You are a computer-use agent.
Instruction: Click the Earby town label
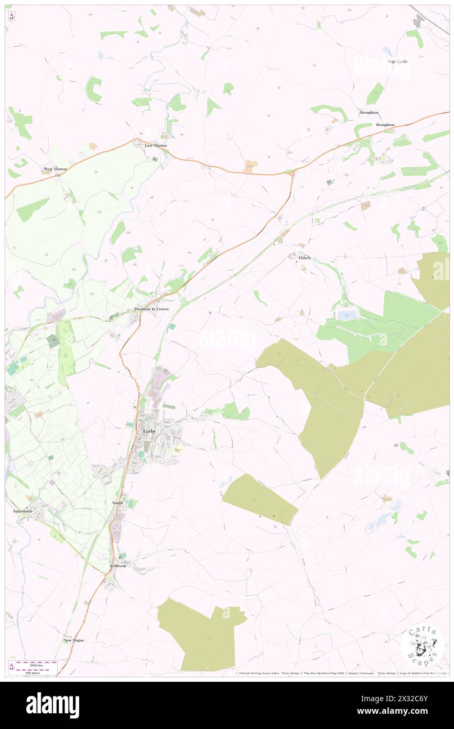click(149, 431)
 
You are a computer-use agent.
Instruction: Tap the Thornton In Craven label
click(152, 309)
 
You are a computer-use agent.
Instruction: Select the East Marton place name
click(156, 145)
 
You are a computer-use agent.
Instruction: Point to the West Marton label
click(55, 169)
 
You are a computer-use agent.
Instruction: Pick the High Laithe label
click(398, 61)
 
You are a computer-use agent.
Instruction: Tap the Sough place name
click(117, 502)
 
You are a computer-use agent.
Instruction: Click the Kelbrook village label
click(118, 566)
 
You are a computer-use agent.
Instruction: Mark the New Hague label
click(74, 640)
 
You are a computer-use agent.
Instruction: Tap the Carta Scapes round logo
click(423, 646)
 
